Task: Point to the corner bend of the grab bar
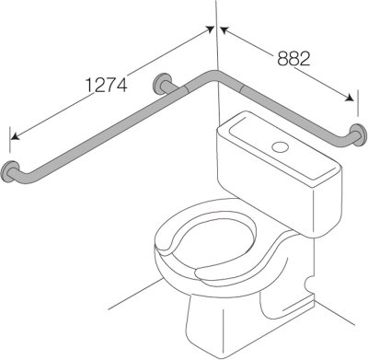[218, 77]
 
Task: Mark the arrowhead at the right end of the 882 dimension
[352, 95]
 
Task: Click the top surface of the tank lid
[276, 138]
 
